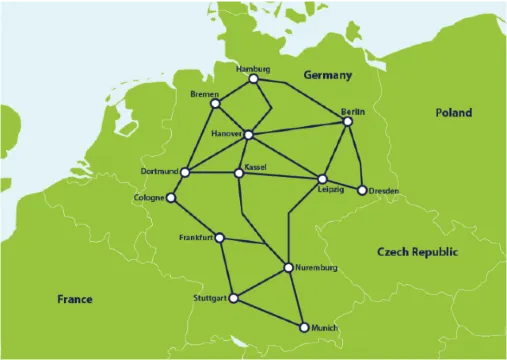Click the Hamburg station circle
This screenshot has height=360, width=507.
point(254,78)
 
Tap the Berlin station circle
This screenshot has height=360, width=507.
point(347,122)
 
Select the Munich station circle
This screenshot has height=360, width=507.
point(302,327)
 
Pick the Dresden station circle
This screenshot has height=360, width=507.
point(363,190)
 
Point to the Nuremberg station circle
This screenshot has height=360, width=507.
point(288,267)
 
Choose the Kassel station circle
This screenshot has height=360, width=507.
point(238,174)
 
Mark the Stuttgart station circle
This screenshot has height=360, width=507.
point(234,298)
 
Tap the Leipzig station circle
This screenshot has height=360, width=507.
point(322,179)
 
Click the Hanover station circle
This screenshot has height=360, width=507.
point(247,134)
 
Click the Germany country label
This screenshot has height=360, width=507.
point(329,76)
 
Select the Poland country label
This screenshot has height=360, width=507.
point(452,113)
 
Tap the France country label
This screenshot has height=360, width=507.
point(75,299)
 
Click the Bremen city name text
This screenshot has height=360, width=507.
point(203,93)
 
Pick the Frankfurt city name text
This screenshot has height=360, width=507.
point(196,237)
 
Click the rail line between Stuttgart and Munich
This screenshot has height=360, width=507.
point(268,312)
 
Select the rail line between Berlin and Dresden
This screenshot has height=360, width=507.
point(355,156)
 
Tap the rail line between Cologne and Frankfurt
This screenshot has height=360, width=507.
point(195,217)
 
